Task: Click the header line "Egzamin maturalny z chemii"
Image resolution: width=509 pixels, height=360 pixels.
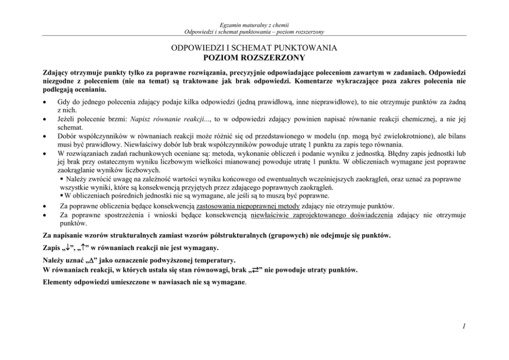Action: click(x=254, y=25)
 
